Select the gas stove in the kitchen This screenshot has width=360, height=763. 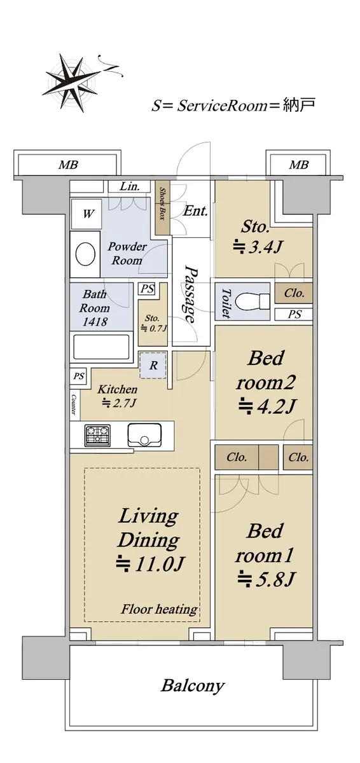click(97, 435)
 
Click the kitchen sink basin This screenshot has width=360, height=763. click(144, 435)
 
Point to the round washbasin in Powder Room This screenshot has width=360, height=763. click(85, 254)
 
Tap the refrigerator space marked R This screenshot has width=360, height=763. click(153, 366)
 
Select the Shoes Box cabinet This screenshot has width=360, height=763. click(162, 208)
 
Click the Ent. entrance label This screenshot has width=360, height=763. click(195, 211)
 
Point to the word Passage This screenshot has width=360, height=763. click(191, 294)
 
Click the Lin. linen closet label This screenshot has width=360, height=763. click(130, 186)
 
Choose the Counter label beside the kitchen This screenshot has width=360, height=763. click(74, 404)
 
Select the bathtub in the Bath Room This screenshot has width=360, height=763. click(102, 347)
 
